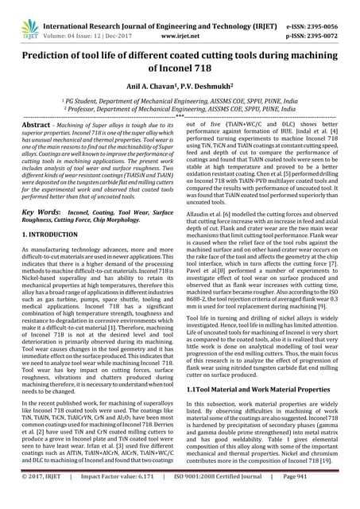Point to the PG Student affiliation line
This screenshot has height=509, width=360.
[x=180, y=100]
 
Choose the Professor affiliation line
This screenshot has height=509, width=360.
[x=180, y=110]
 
